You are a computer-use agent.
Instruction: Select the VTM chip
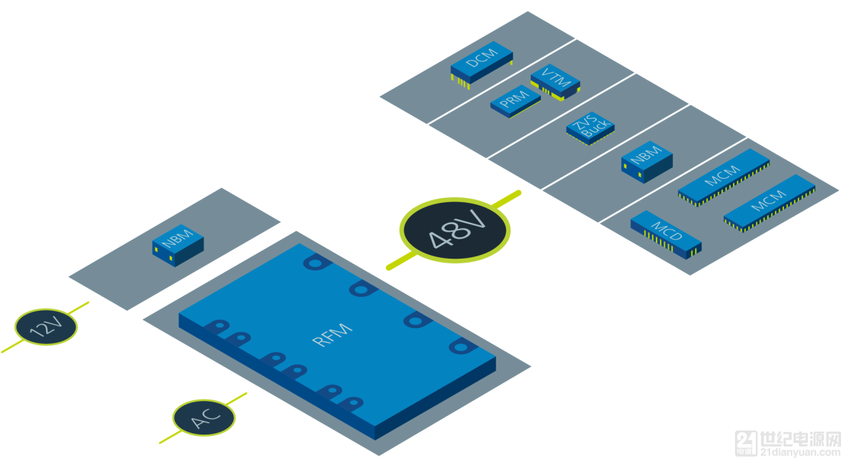pos(555,81)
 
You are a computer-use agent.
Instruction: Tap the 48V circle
pos(455,230)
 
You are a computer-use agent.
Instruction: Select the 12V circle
pos(46,327)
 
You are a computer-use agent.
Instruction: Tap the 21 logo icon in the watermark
pos(747,443)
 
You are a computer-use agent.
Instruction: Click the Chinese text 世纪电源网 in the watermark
pos(800,439)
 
